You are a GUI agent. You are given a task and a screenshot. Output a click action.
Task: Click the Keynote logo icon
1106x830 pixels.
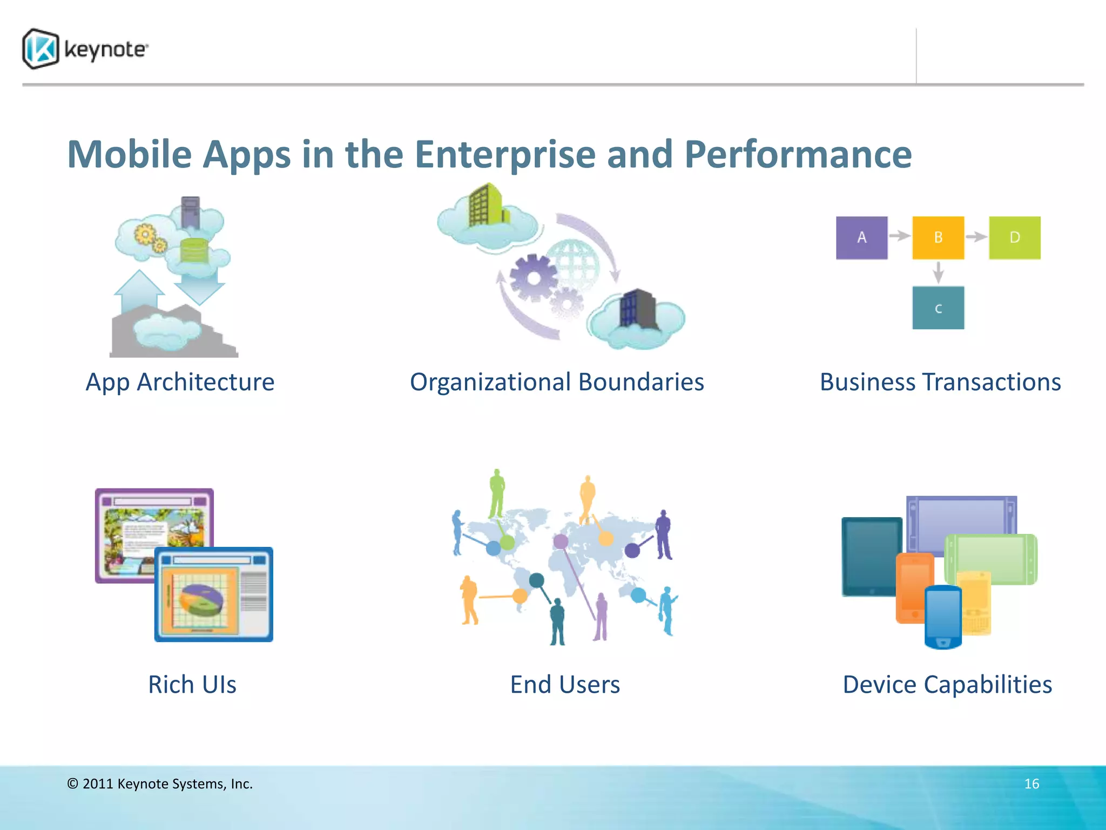(41, 49)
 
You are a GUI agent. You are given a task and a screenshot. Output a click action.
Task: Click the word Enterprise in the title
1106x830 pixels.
(505, 155)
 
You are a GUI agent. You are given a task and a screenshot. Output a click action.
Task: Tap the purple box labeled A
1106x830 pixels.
(861, 238)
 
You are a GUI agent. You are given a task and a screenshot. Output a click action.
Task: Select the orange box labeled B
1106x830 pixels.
(938, 238)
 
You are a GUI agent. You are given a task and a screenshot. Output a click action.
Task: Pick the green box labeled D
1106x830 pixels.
(1014, 238)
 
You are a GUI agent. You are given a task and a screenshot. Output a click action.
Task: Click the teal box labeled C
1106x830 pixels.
(938, 308)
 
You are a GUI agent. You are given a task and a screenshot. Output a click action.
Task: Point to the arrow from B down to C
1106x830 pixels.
(938, 272)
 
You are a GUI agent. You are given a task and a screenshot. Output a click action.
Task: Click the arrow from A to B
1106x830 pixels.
(900, 236)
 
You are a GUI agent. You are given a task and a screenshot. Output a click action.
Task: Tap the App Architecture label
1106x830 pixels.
(180, 383)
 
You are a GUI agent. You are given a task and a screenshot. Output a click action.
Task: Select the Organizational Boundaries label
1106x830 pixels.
(557, 383)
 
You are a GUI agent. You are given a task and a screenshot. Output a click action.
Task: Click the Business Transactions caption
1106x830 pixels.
(940, 383)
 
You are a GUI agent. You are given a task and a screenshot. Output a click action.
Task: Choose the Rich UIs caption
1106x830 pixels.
(192, 685)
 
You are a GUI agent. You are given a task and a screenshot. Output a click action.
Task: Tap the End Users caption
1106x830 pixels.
(565, 685)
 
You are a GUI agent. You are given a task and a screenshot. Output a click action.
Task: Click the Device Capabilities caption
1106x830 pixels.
(947, 685)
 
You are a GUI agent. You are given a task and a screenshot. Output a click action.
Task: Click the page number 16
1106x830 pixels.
(1031, 784)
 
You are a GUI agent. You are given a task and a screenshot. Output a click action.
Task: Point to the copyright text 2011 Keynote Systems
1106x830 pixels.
(160, 784)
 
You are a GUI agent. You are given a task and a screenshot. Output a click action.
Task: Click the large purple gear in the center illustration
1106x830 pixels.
(532, 278)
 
